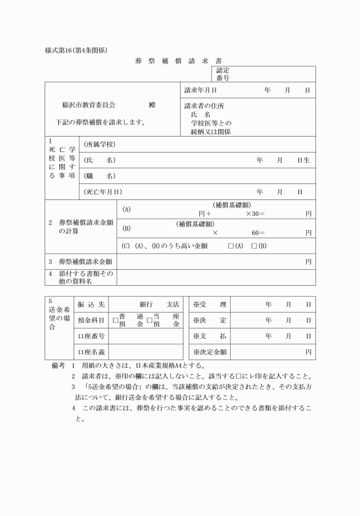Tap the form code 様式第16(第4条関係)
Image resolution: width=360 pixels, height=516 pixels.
click(77, 50)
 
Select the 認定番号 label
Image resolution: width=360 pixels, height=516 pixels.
click(223, 74)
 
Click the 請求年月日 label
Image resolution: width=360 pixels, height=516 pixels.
click(201, 90)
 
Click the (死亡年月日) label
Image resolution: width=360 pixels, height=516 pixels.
click(103, 191)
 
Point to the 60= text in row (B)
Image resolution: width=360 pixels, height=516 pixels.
click(258, 233)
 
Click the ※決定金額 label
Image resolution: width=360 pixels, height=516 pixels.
click(210, 351)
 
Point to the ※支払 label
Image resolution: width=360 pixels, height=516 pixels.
click(210, 336)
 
